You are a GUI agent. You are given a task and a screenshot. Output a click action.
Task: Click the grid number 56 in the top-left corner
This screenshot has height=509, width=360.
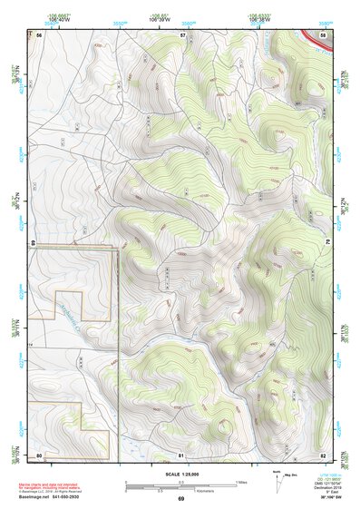coord(39,34)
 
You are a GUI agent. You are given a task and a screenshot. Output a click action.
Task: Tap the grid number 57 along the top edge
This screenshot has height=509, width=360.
coord(182,34)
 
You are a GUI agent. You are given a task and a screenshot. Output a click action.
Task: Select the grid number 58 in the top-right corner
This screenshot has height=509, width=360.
coord(324,34)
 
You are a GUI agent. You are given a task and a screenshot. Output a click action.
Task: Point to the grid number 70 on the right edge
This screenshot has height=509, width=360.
coord(326,243)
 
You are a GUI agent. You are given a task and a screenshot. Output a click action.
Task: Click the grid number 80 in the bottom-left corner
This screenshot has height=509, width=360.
coord(39,454)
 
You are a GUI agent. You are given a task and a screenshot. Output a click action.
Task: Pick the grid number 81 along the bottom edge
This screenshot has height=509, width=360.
coord(180,454)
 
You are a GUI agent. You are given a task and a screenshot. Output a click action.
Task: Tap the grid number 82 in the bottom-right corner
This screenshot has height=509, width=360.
coord(323,454)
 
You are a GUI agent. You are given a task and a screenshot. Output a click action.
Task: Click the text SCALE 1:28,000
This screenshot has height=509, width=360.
coord(180,474)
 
